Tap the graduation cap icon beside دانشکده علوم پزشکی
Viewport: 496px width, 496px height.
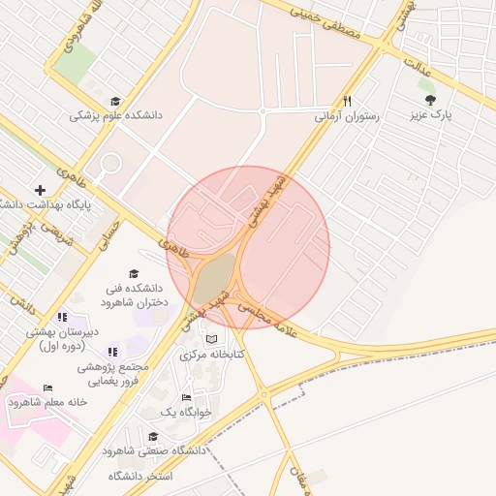pos(116,101)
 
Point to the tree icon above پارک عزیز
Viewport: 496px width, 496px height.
pos(430,99)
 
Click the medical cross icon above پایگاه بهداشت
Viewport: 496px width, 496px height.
pos(40,190)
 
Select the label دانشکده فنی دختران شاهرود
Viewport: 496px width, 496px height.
pos(134,294)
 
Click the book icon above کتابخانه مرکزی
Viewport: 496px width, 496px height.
pos(211,339)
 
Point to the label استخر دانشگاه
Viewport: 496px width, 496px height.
pos(140,476)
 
